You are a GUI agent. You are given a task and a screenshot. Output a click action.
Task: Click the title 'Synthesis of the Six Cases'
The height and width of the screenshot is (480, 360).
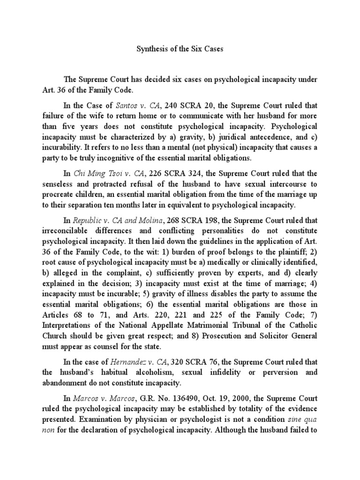click(180, 49)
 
